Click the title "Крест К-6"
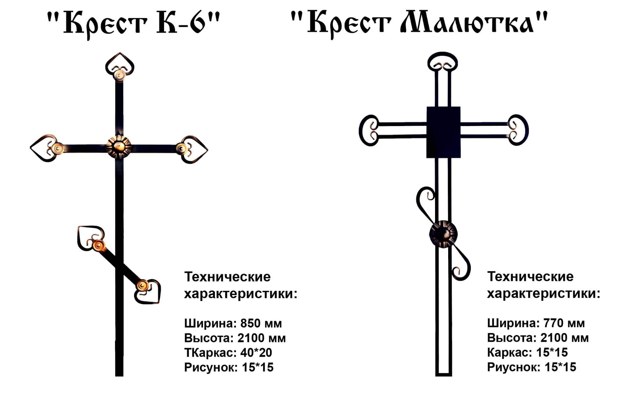[x=132, y=24]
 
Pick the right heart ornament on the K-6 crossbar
[x=193, y=149]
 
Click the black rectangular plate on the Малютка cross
[x=443, y=132]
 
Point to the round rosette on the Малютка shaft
[x=443, y=234]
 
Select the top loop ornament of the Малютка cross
[x=443, y=62]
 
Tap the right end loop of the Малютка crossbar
[x=518, y=130]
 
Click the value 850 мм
[x=261, y=324]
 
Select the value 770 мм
[x=564, y=324]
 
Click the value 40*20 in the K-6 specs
[x=256, y=353]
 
